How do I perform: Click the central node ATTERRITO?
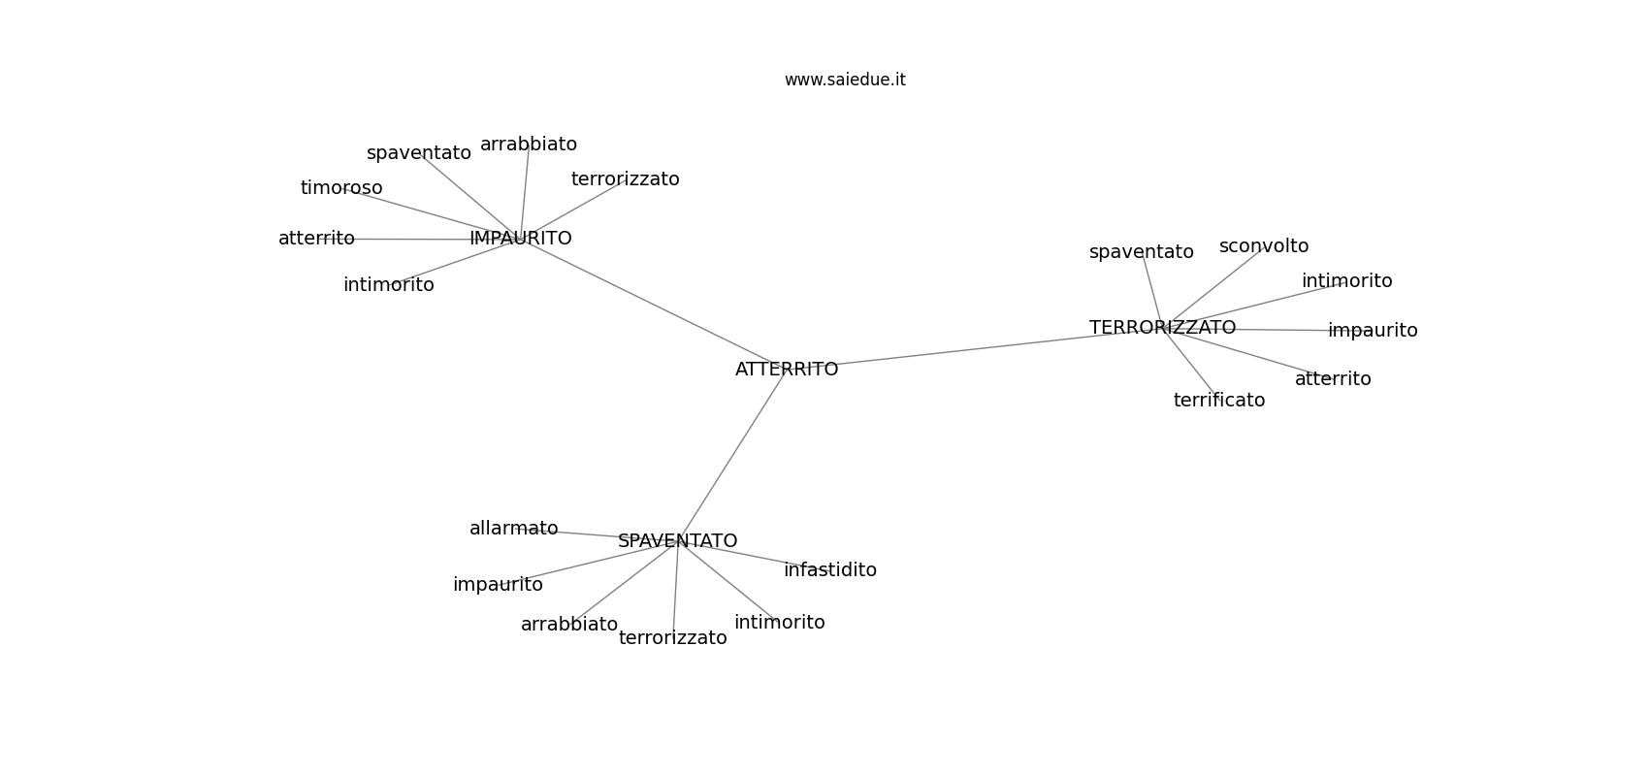(787, 369)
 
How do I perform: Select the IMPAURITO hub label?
(521, 238)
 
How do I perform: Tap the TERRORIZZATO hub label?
(1162, 327)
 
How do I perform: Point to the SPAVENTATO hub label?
(677, 540)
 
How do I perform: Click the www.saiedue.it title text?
(845, 80)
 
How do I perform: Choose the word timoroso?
(341, 188)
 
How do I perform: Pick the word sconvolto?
(1264, 246)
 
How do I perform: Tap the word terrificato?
(1219, 400)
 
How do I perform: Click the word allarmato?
(514, 528)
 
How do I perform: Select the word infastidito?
(830, 569)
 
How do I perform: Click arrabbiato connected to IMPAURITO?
(529, 145)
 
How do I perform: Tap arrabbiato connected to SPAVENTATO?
(569, 625)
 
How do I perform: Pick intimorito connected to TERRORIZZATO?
(1347, 280)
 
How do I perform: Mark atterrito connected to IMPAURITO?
(316, 239)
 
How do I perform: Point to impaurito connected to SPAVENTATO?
(498, 585)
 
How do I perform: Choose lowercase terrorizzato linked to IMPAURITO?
(625, 178)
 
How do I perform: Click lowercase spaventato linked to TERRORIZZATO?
(1141, 252)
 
